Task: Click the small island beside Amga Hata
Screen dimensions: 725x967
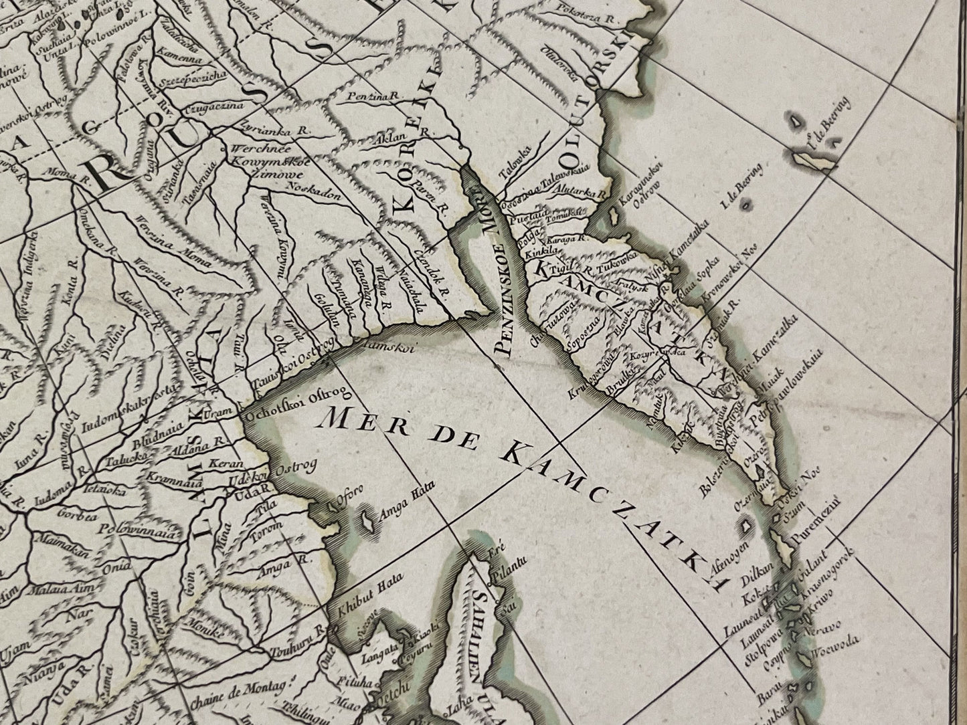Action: tap(367, 520)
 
